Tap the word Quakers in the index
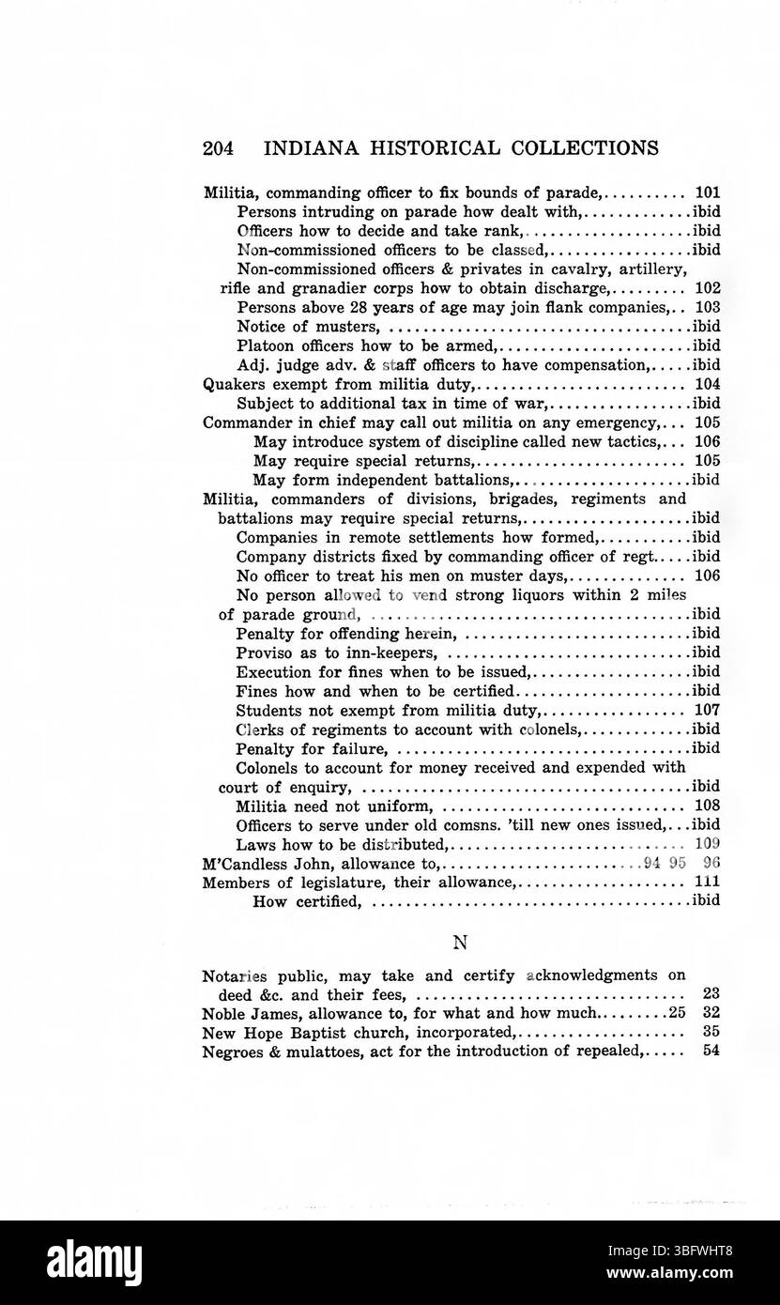coord(230,384)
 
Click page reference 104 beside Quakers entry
coord(707,384)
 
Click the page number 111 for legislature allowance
coord(707,882)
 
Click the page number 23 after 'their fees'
coord(711,994)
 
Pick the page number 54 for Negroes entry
coord(711,1052)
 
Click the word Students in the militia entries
coord(266,710)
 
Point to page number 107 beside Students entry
coord(707,710)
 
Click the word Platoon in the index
coord(264,345)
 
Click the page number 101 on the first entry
coord(707,192)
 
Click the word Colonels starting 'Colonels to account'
coord(268,767)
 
